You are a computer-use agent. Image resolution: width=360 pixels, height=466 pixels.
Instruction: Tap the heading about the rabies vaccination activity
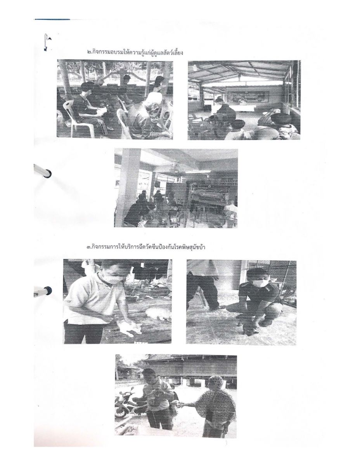(x=146, y=247)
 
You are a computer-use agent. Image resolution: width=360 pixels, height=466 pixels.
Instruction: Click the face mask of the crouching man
(x=260, y=283)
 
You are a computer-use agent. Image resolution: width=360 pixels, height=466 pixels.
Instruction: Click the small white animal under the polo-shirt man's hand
(x=128, y=330)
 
